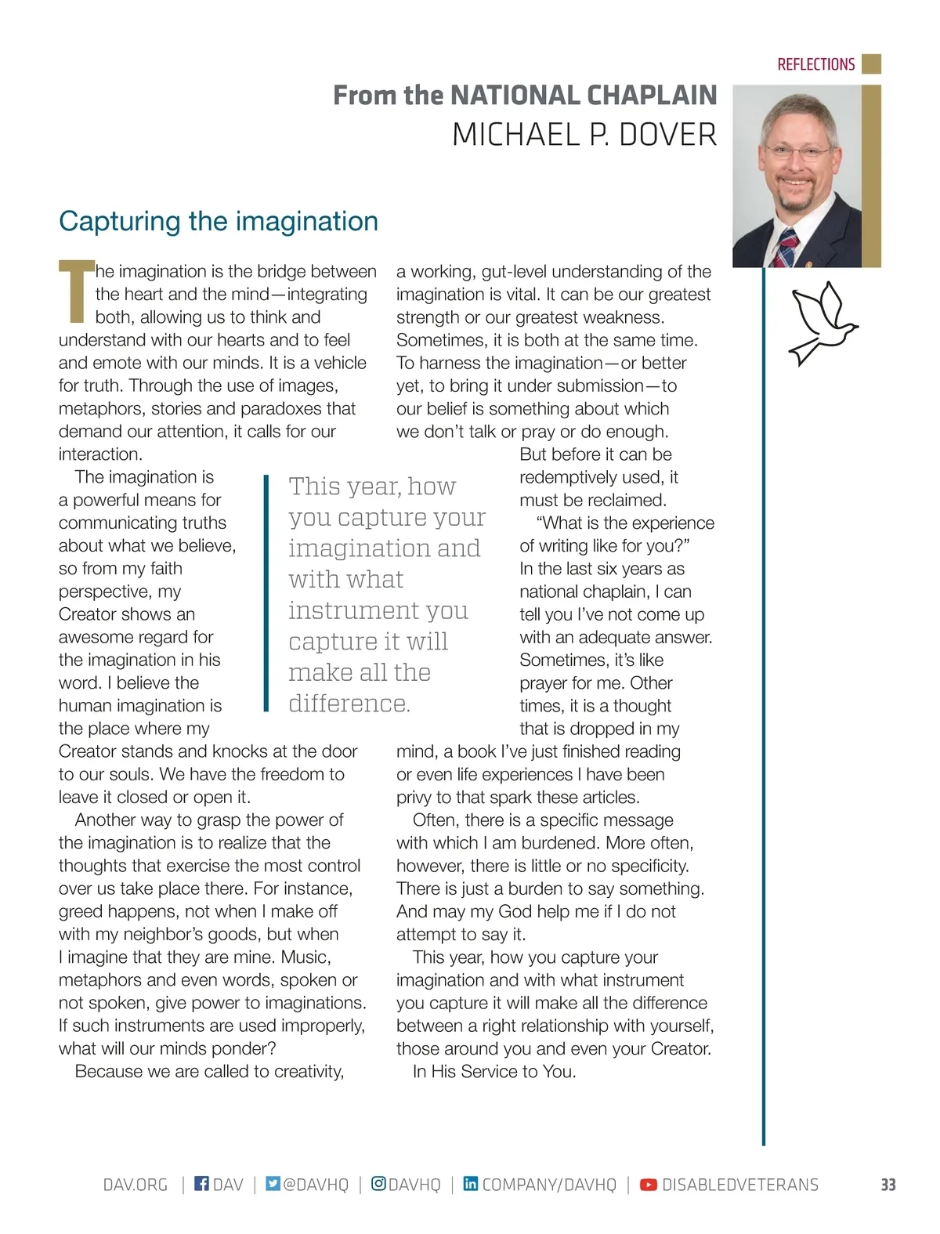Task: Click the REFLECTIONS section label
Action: tap(815, 64)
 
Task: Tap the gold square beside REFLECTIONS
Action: tap(871, 63)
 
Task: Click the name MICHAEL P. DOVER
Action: tap(584, 136)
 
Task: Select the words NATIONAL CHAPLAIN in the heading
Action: tap(584, 96)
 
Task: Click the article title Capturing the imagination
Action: tap(219, 221)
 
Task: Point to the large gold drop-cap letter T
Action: tap(76, 291)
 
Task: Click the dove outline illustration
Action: tap(822, 323)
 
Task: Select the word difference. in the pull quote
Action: tap(349, 704)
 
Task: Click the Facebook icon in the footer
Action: tap(201, 1184)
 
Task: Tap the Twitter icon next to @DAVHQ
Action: tap(273, 1184)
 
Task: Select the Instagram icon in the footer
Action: tap(378, 1184)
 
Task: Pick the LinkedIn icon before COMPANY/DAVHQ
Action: tap(470, 1184)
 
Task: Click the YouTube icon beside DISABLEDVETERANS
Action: tap(649, 1185)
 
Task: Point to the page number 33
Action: tap(888, 1185)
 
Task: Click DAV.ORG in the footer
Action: tap(136, 1185)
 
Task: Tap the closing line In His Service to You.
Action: tap(494, 1071)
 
